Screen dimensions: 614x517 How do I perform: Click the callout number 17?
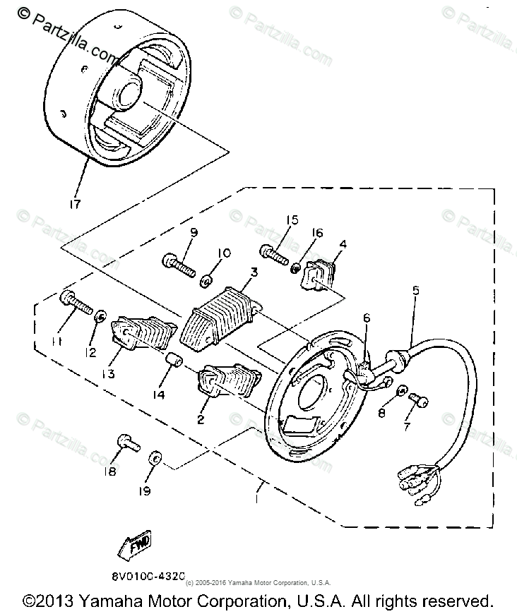coord(74,204)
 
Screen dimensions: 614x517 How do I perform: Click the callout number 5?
coord(415,289)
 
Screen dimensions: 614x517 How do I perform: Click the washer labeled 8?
coord(400,390)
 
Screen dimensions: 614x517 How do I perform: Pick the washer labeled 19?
coord(155,459)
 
